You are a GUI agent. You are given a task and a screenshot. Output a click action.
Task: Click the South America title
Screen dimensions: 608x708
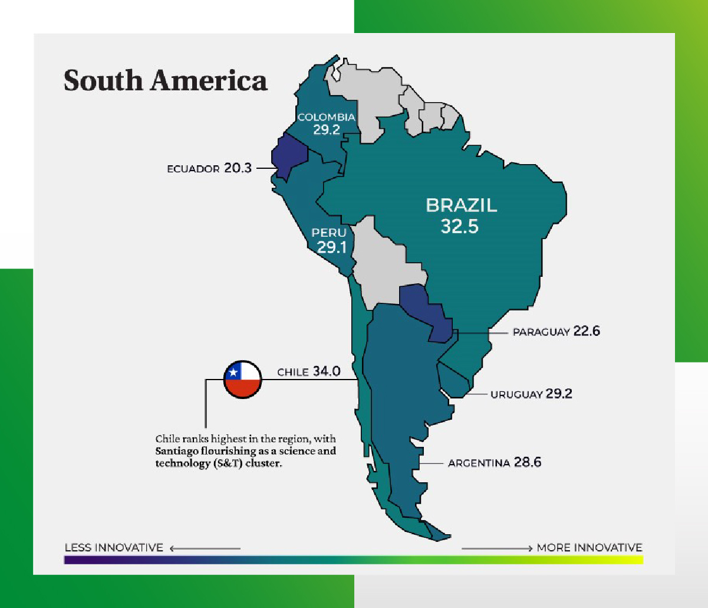(x=166, y=80)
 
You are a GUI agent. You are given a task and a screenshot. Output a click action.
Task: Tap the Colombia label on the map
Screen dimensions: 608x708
(x=326, y=117)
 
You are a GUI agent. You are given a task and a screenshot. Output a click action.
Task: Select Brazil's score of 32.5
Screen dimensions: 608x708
(x=459, y=226)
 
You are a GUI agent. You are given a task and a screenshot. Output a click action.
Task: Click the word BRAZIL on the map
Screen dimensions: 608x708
(x=462, y=205)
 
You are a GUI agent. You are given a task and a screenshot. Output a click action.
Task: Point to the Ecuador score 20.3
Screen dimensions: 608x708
(x=238, y=168)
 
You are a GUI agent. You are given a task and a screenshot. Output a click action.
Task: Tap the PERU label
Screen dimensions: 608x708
(x=329, y=233)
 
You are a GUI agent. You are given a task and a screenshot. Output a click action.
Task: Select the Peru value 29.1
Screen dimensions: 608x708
(x=331, y=247)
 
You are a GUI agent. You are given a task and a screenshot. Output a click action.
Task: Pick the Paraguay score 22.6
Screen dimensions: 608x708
(x=586, y=331)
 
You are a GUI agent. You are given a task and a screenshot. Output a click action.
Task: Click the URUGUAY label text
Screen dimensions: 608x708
(x=516, y=394)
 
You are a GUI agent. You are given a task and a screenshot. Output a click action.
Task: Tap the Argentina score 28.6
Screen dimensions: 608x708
(x=527, y=462)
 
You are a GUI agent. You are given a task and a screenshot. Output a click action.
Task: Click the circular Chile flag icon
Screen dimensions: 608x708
(x=242, y=380)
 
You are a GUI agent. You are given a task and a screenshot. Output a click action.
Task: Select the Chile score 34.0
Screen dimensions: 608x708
(x=326, y=371)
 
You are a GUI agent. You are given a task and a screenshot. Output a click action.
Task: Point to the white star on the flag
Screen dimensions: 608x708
(x=233, y=372)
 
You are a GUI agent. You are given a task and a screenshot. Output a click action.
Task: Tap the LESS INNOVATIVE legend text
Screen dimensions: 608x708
(x=114, y=548)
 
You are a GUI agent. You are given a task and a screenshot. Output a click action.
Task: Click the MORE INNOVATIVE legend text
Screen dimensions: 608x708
(x=589, y=548)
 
